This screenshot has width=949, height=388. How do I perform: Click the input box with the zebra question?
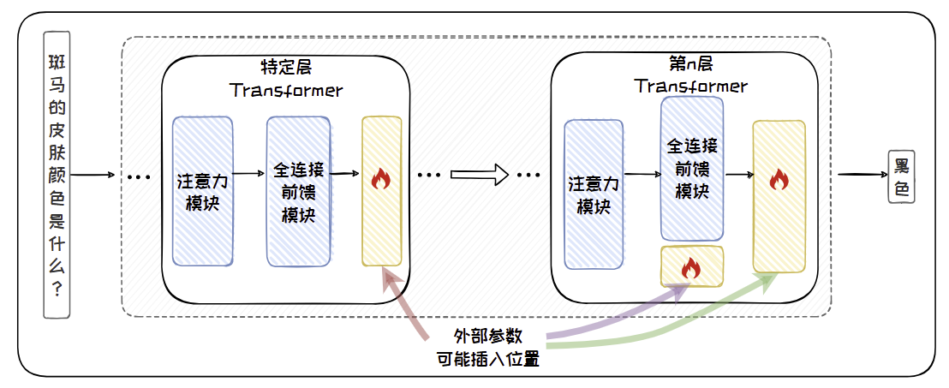[58, 176]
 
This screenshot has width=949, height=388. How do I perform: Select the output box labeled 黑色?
[901, 177]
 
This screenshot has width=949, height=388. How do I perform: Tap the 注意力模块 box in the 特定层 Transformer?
[203, 190]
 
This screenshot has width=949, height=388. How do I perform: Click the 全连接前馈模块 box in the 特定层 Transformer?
[298, 190]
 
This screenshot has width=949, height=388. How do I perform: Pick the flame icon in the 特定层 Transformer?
[381, 179]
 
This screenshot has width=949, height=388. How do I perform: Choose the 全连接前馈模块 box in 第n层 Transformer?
[692, 167]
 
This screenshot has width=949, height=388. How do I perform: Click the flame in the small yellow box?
[691, 268]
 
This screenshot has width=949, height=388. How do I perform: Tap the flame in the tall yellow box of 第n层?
[779, 179]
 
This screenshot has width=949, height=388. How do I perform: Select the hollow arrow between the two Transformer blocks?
[480, 175]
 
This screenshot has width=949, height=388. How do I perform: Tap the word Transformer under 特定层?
[286, 89]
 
